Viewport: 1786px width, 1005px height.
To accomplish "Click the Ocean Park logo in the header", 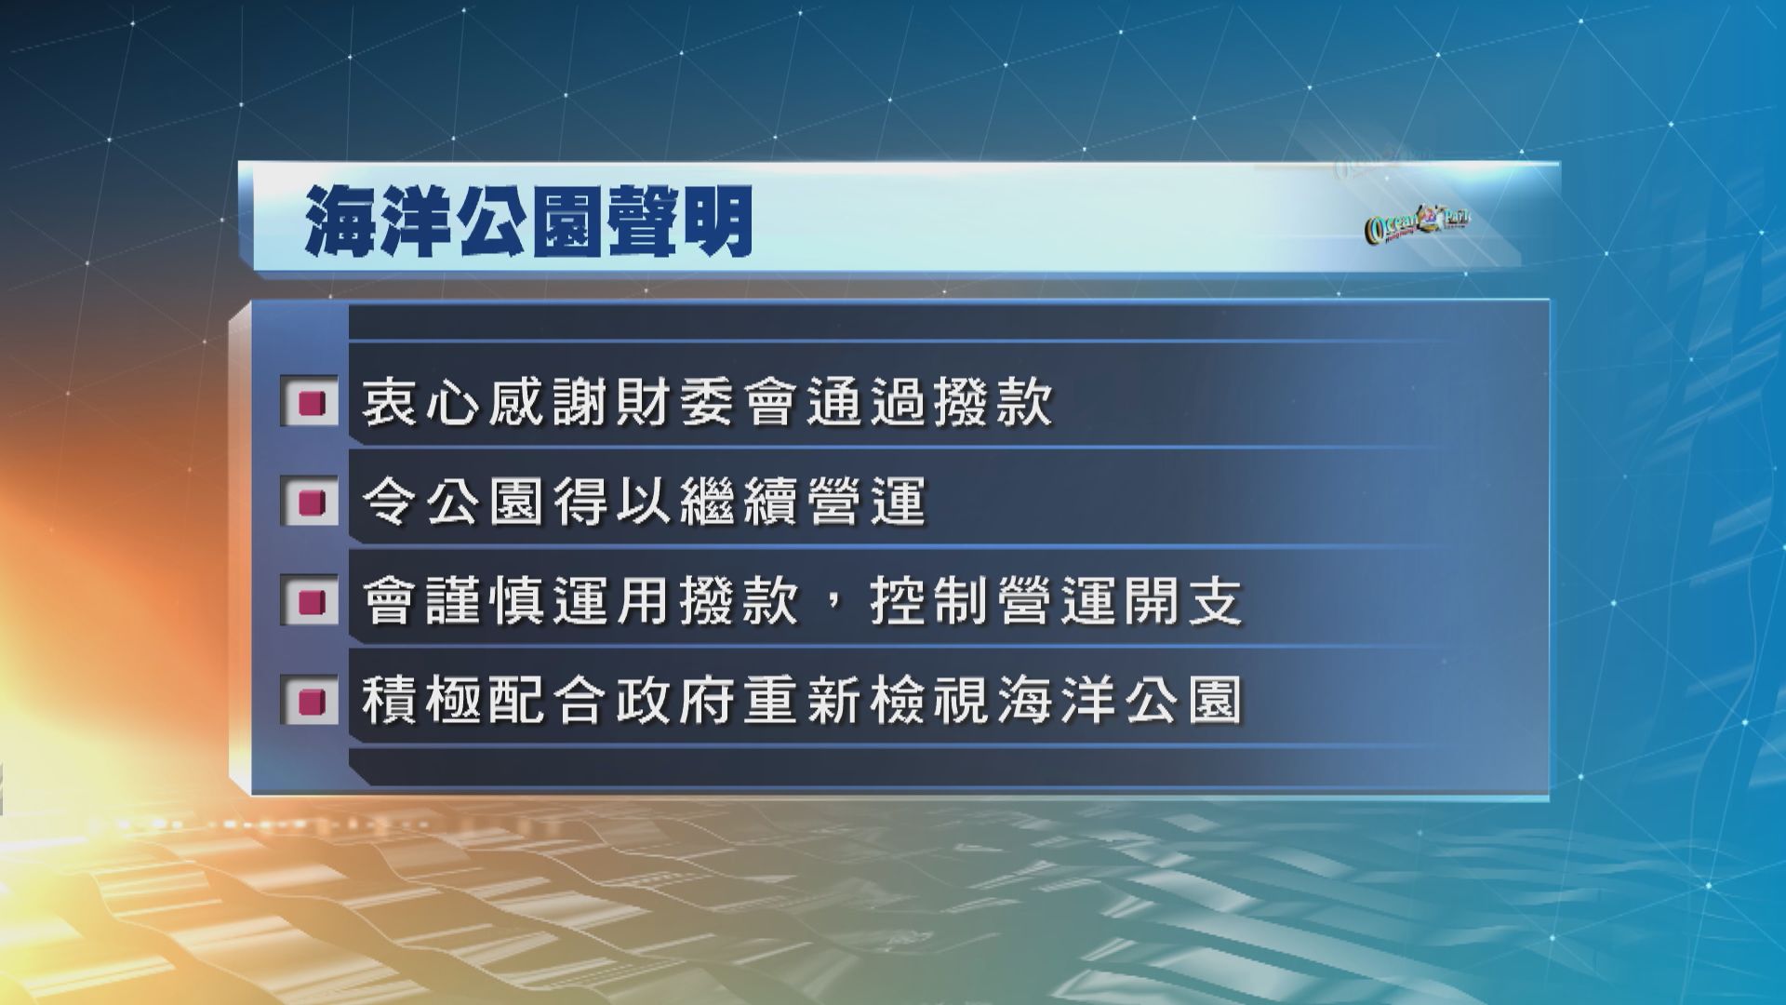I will [x=1416, y=224].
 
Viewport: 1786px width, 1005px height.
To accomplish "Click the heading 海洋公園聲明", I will [x=529, y=224].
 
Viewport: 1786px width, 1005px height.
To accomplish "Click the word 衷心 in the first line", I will [x=423, y=403].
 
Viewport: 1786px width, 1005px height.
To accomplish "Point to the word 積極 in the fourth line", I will [x=423, y=700].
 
